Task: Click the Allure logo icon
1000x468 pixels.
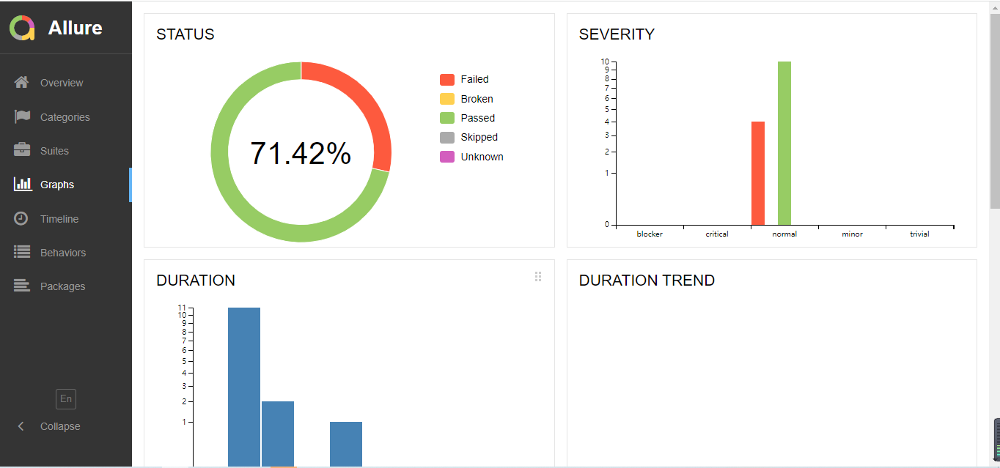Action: coord(22,29)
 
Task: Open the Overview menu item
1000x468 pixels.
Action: coord(62,83)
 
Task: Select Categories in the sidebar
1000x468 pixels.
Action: coord(65,117)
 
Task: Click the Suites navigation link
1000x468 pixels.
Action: coord(54,151)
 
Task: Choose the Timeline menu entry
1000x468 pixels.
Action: coord(59,219)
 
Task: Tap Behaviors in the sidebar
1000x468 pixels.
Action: coord(62,253)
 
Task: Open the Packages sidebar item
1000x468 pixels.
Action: coord(62,286)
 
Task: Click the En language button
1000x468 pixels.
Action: coord(66,398)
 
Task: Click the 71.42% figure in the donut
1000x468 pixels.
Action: coord(301,153)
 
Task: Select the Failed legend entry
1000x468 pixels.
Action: coord(474,79)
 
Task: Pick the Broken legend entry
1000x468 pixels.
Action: coord(476,99)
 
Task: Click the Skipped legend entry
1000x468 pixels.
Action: coord(478,137)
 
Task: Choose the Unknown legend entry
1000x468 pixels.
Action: coord(481,157)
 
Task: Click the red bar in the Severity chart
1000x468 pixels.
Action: coord(758,174)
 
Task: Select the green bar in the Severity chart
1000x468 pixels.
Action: coord(784,144)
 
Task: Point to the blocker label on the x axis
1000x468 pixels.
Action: coord(650,234)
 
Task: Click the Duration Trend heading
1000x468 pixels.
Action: coord(647,281)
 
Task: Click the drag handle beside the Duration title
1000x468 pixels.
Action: coord(538,277)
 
